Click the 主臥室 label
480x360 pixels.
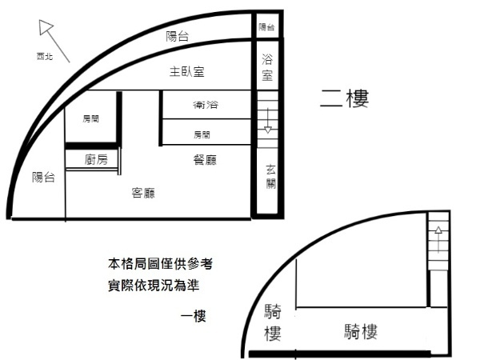(x=186, y=72)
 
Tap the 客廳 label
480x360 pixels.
(x=143, y=193)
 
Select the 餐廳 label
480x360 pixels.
(x=205, y=160)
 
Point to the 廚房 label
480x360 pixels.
(x=96, y=159)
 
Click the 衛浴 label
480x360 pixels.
(x=206, y=105)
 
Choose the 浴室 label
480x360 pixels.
(x=267, y=67)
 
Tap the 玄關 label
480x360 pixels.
(x=270, y=177)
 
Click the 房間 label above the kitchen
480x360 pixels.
(x=90, y=118)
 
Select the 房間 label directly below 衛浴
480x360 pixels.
(x=202, y=134)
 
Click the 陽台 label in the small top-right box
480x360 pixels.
(x=266, y=27)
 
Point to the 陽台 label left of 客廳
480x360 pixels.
(x=43, y=178)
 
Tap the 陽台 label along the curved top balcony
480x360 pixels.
(x=178, y=37)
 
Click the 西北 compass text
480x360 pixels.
(x=45, y=56)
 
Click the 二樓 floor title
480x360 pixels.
(x=344, y=98)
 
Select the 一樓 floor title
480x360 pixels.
(x=193, y=316)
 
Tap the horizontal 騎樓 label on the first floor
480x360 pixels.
(x=361, y=331)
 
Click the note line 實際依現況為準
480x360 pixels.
(x=154, y=286)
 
